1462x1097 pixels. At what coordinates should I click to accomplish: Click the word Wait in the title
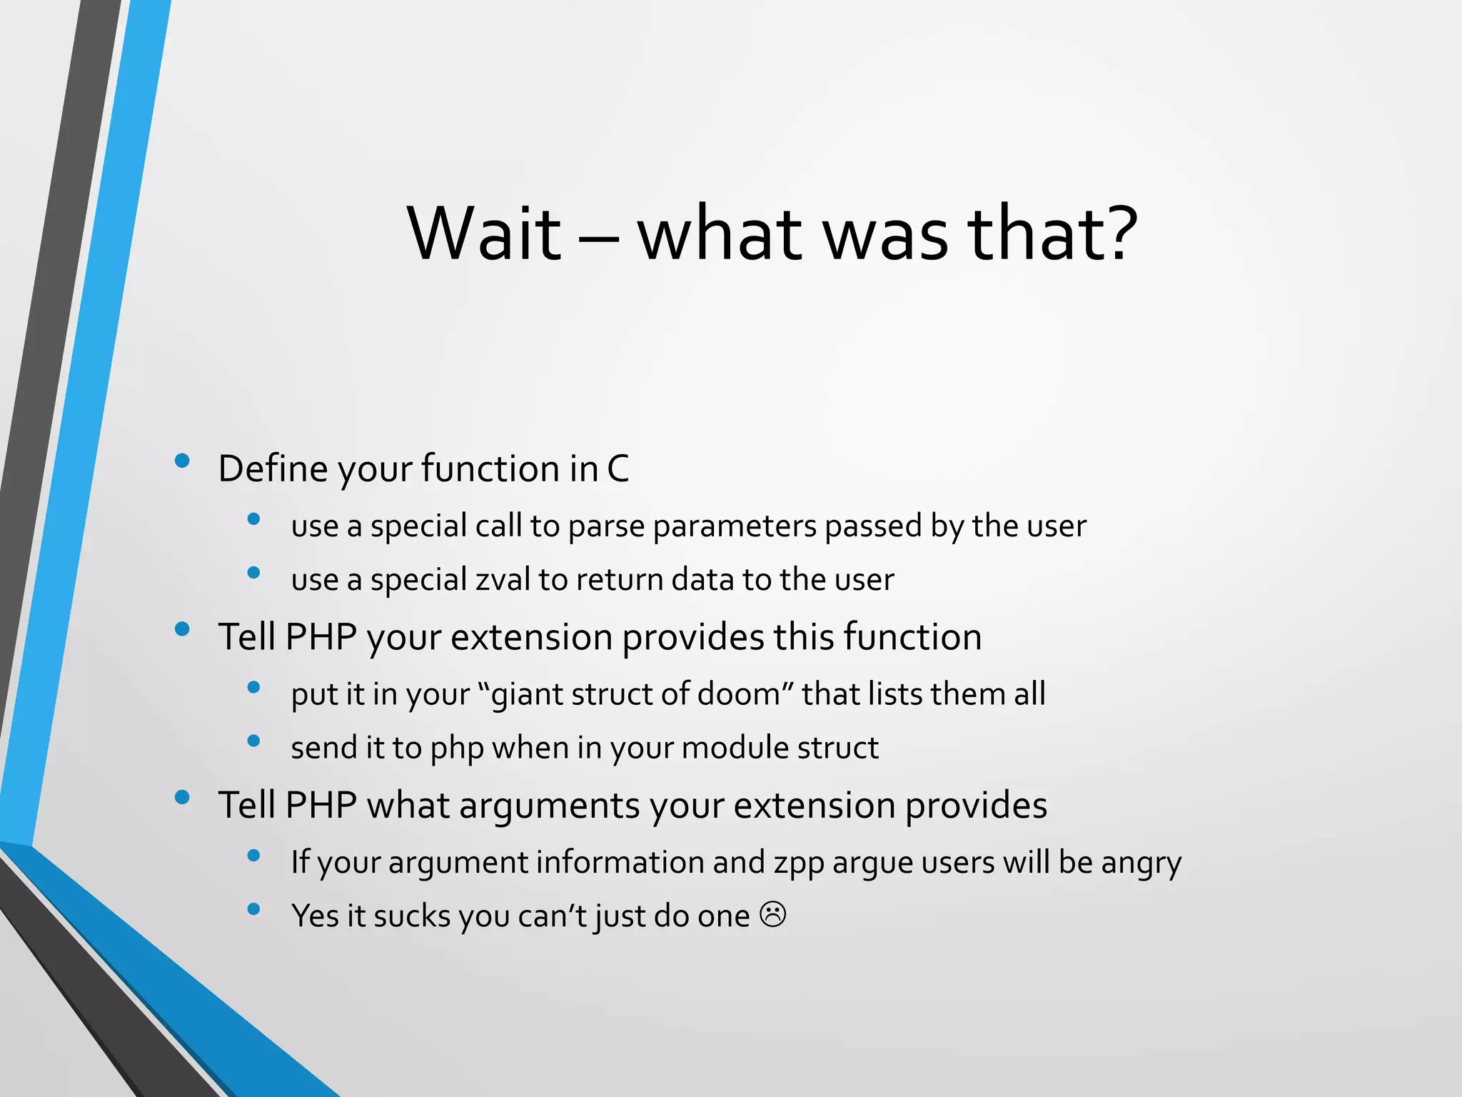(x=485, y=234)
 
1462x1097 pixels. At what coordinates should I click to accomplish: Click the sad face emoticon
(x=772, y=914)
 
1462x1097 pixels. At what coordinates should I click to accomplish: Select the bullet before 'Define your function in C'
(x=182, y=461)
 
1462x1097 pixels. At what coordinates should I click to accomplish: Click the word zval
(x=503, y=579)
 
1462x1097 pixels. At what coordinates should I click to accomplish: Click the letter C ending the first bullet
(x=617, y=469)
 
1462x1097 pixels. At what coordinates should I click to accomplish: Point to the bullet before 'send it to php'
(x=253, y=741)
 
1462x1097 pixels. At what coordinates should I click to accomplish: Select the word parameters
(x=734, y=526)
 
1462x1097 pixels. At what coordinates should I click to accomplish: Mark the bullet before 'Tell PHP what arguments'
(x=182, y=797)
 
